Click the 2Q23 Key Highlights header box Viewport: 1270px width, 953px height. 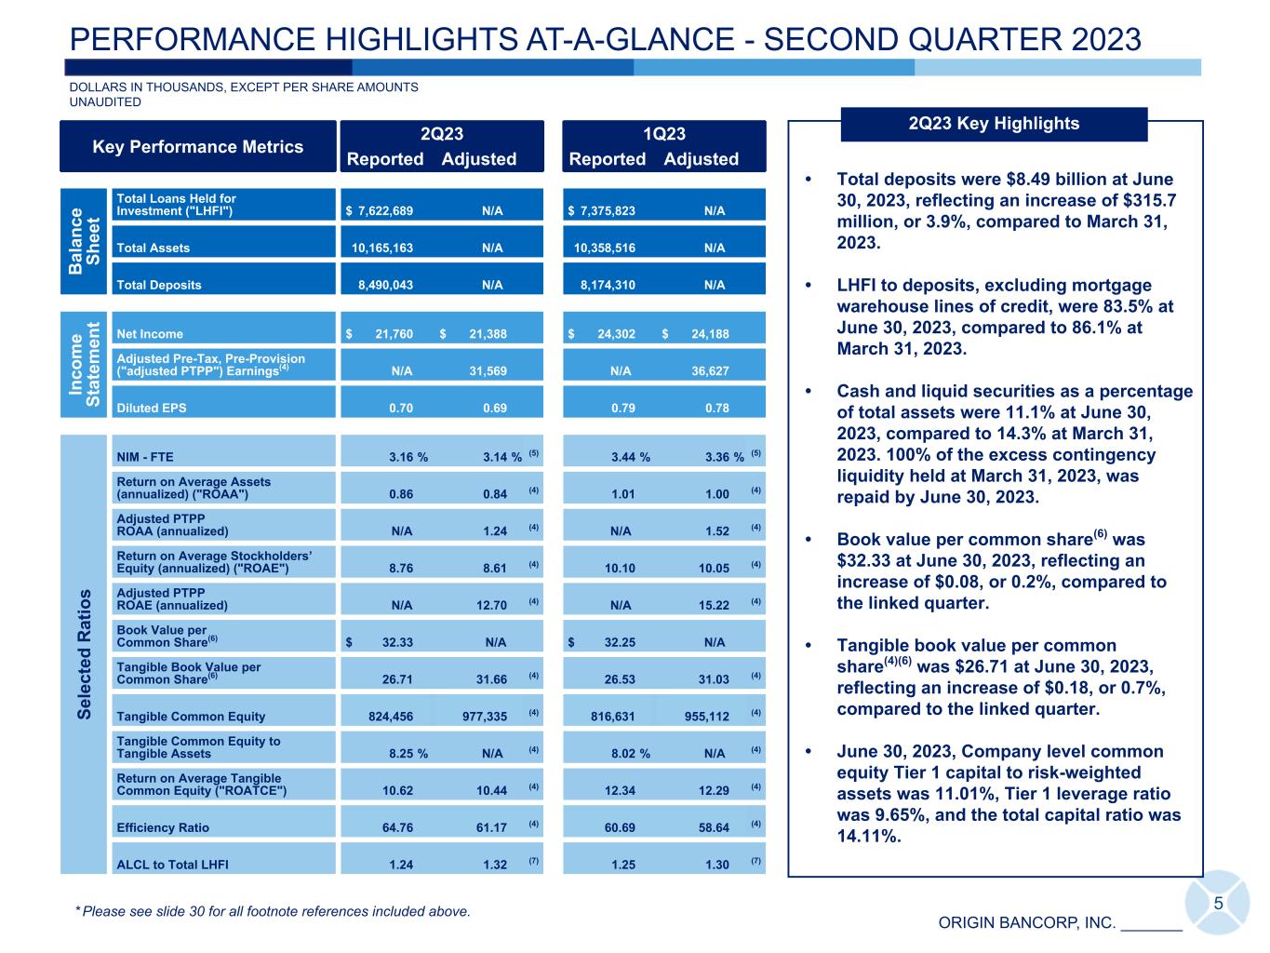pos(994,124)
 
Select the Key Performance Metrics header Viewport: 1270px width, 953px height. pos(197,147)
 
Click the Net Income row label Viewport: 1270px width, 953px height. pos(150,334)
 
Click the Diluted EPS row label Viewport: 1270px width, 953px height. pos(151,409)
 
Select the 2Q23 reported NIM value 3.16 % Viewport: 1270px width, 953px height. pos(408,457)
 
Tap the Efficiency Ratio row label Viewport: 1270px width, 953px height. pos(163,828)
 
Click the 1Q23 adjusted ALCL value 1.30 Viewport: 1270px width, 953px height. pos(717,866)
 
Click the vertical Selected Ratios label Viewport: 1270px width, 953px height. pos(85,653)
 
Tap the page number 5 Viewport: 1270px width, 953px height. pos(1218,904)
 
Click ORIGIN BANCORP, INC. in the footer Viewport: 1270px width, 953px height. pos(1026,923)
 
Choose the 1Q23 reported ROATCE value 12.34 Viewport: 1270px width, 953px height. pos(619,791)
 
